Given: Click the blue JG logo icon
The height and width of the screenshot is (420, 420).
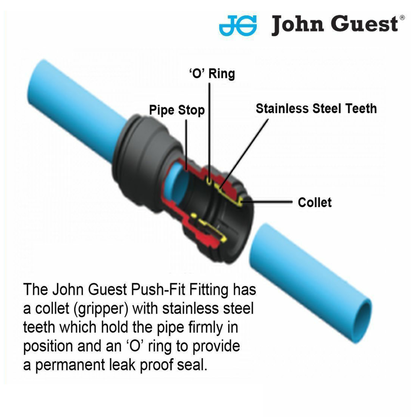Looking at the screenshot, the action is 238,25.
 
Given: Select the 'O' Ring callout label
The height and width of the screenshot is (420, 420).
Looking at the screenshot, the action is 211,74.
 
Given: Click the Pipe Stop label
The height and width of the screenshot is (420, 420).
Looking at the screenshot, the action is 177,110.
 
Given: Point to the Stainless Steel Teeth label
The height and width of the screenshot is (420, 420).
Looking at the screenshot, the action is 316,108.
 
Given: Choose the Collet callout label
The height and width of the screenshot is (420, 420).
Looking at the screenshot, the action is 315,202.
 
